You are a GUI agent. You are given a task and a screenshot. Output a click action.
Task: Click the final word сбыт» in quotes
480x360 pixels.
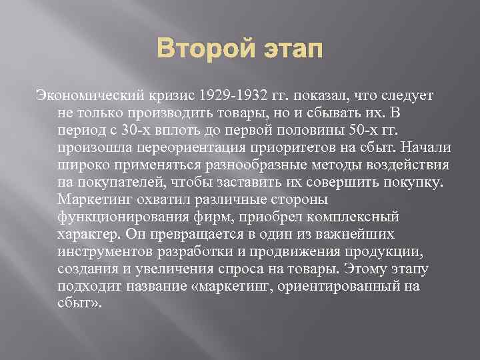click(79, 303)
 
